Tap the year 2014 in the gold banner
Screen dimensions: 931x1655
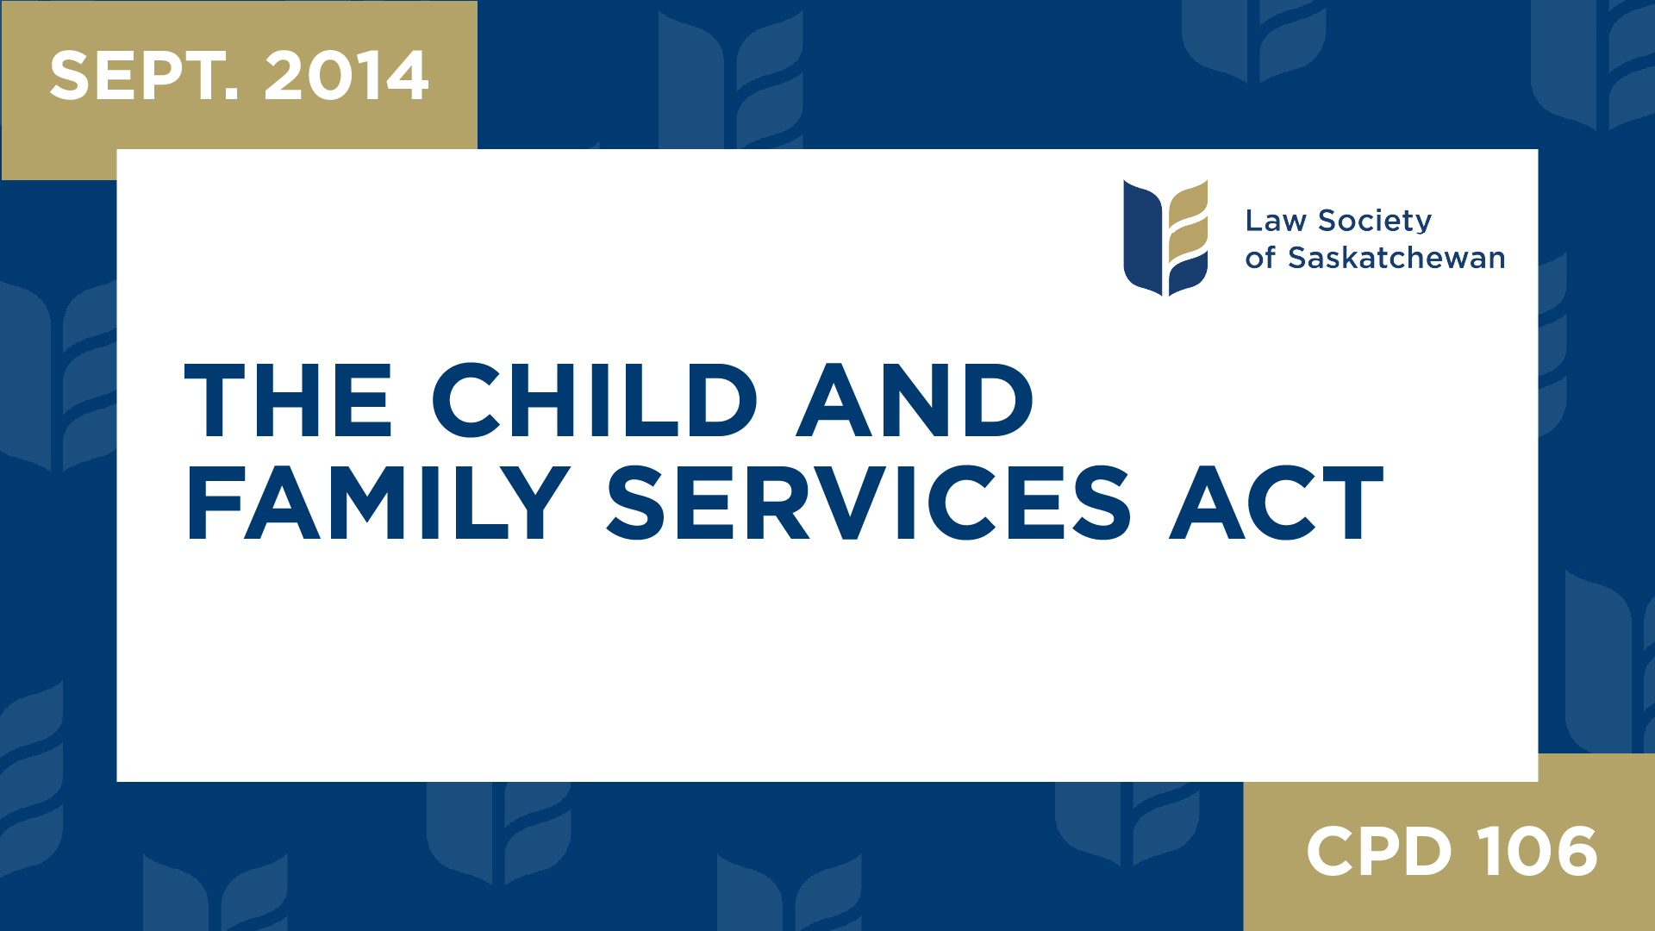pyautogui.click(x=346, y=76)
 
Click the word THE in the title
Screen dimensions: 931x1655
pyautogui.click(x=289, y=400)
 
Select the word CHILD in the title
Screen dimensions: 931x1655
pyautogui.click(x=594, y=400)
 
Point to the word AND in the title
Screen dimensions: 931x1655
pyautogui.click(x=915, y=400)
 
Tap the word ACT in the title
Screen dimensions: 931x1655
pyautogui.click(x=1277, y=503)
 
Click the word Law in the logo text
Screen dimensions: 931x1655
pyautogui.click(x=1275, y=221)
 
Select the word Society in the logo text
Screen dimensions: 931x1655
pyautogui.click(x=1375, y=222)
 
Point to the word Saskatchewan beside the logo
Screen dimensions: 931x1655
pyautogui.click(x=1396, y=258)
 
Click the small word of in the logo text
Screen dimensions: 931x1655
pyautogui.click(x=1259, y=258)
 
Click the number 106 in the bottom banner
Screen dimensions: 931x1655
pyautogui.click(x=1539, y=852)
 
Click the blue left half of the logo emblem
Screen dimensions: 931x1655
pyautogui.click(x=1142, y=238)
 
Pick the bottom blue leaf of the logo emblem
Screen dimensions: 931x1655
pyautogui.click(x=1189, y=275)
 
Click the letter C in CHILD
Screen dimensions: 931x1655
pyautogui.click(x=466, y=400)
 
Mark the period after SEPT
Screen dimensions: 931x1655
pyautogui.click(x=231, y=95)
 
